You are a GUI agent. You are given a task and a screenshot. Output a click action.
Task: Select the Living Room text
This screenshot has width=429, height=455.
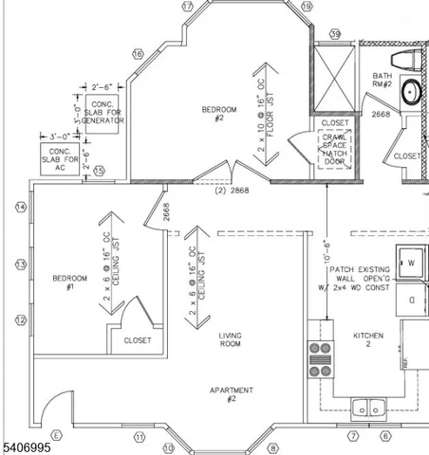point(229,339)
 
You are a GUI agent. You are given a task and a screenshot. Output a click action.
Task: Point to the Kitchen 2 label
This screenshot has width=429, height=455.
point(367,340)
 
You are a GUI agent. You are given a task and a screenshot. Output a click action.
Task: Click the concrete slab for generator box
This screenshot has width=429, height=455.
point(101,113)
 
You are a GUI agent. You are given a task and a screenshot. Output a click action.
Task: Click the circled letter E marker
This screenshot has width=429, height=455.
point(56,435)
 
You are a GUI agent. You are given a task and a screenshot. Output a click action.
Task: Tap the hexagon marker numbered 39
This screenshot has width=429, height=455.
point(335,34)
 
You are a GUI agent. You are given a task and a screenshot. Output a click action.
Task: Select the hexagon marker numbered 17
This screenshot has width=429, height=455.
point(187,7)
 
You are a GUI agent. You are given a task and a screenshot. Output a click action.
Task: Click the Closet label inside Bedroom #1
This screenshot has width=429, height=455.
point(137,339)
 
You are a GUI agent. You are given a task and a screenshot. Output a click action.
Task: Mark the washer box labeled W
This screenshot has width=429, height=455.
point(412,263)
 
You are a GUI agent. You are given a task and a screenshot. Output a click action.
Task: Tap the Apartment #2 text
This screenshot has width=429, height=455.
point(231,395)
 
